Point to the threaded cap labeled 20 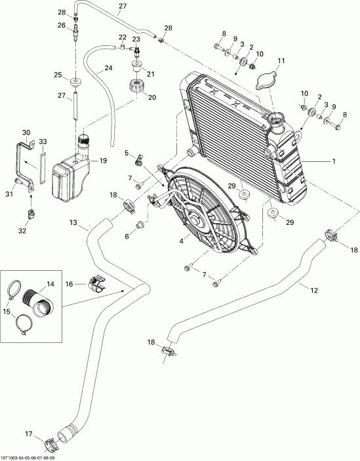pos(137,85)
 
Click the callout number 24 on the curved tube pos(108,68)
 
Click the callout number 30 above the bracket pos(26,132)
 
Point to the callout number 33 pos(43,141)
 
